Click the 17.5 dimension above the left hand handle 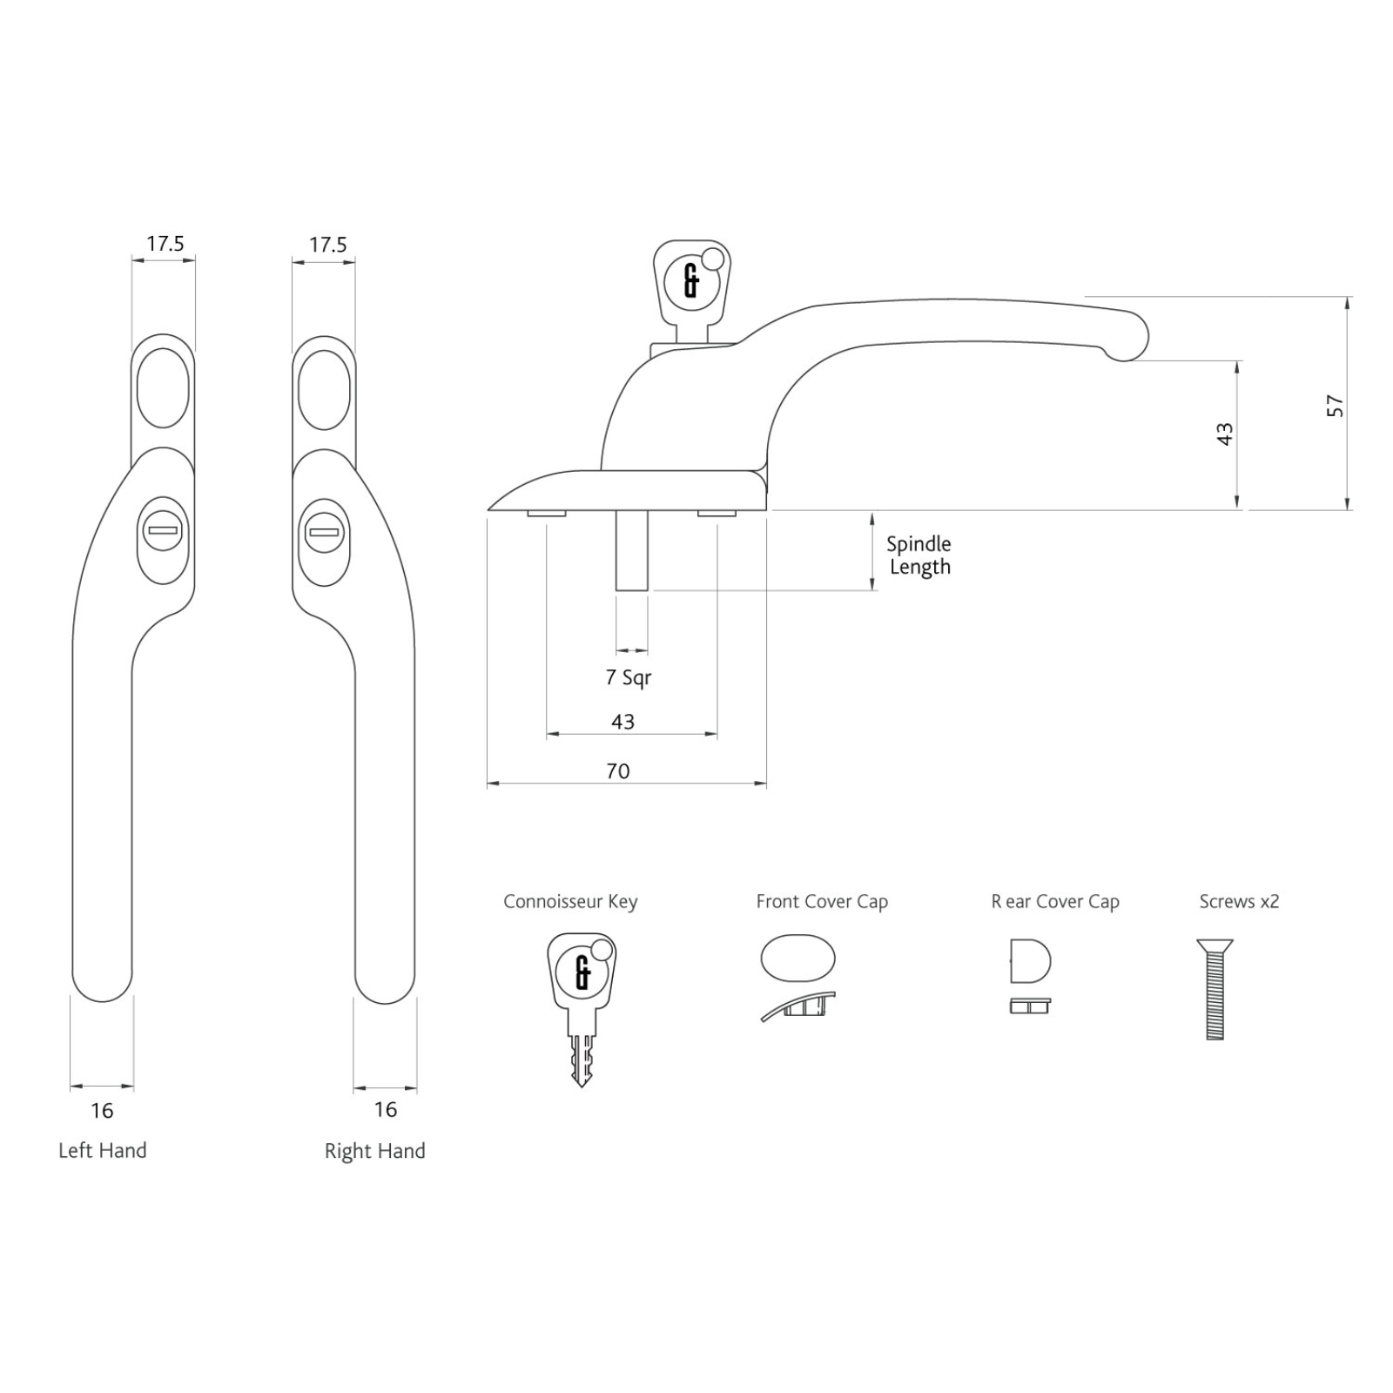pos(165,244)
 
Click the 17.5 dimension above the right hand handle pos(328,245)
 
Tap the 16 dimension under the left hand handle pos(102,1110)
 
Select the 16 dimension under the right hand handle pos(386,1109)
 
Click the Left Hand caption pos(103,1150)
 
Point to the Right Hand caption pos(375,1151)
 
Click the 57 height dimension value pos(1335,407)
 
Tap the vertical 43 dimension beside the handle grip pos(1225,434)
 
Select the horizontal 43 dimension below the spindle pos(622,722)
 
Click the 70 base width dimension pos(618,771)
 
